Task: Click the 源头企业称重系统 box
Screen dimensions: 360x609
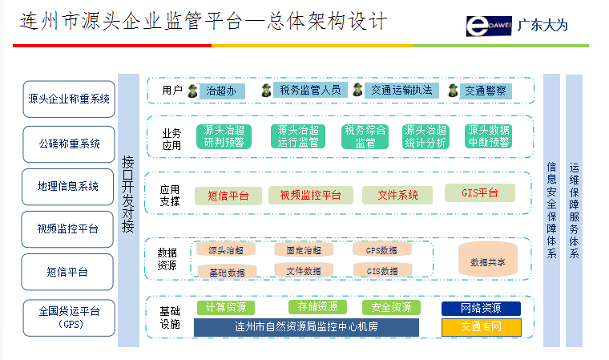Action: pyautogui.click(x=68, y=99)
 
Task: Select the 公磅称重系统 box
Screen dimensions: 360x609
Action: pyautogui.click(x=68, y=144)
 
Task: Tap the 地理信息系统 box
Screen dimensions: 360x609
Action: pyautogui.click(x=68, y=187)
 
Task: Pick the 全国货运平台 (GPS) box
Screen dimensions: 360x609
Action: pyautogui.click(x=68, y=318)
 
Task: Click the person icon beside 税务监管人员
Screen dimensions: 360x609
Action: pyautogui.click(x=266, y=91)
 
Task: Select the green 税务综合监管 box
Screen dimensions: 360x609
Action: pyautogui.click(x=365, y=136)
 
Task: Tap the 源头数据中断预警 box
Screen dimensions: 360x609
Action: pyautogui.click(x=488, y=136)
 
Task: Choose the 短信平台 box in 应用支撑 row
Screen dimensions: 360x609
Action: pyautogui.click(x=228, y=196)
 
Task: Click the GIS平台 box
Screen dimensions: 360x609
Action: pyautogui.click(x=479, y=193)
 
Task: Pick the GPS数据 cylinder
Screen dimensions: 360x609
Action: pyautogui.click(x=382, y=250)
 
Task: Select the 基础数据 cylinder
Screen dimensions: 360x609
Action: pyautogui.click(x=226, y=272)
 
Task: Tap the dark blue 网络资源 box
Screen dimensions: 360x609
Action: pyautogui.click(x=481, y=309)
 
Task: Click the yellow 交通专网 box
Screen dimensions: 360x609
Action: pyautogui.click(x=481, y=327)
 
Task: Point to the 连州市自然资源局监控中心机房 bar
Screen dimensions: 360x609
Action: pyautogui.click(x=306, y=327)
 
